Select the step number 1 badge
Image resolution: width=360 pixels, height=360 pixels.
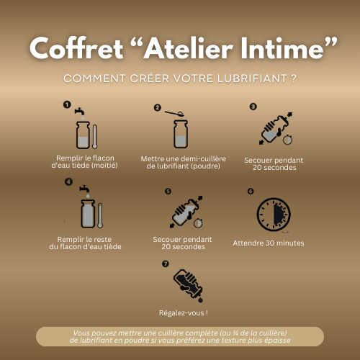click(67, 105)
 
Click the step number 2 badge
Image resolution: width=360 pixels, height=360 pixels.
click(157, 107)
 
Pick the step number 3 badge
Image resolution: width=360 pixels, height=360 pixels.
click(253, 107)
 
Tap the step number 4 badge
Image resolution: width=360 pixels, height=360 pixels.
click(68, 181)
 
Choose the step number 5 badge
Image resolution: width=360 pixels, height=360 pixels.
click(168, 192)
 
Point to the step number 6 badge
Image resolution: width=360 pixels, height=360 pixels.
click(250, 192)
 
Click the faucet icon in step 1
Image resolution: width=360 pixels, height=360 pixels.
click(81, 113)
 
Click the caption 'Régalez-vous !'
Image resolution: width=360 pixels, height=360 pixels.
click(183, 313)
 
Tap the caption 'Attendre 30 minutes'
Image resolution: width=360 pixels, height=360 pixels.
click(268, 243)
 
